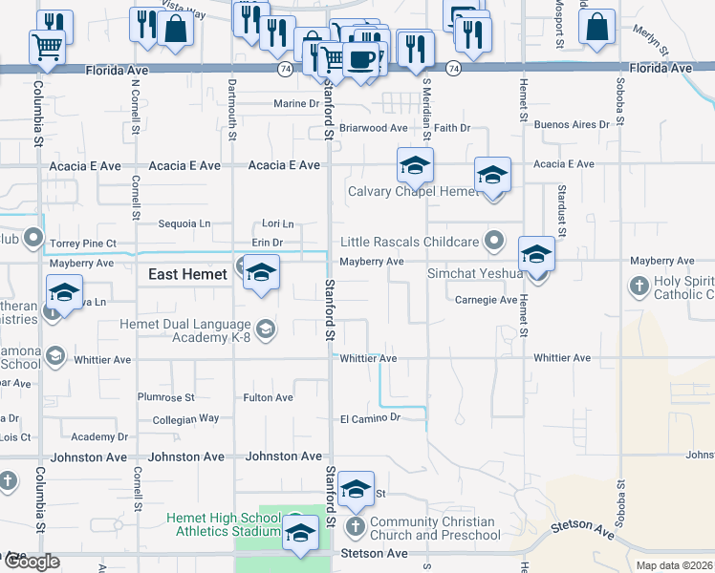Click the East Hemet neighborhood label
coord(187,274)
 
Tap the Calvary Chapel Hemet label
coord(412,191)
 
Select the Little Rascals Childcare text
coord(411,242)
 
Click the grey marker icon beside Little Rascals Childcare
coord(494,241)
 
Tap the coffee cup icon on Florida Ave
coord(360,59)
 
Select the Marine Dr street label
coord(295,103)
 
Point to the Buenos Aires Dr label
coord(572,125)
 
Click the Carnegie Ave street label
coord(486,300)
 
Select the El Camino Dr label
coord(369,418)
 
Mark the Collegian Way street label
coord(185,418)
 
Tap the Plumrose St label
coord(165,397)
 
